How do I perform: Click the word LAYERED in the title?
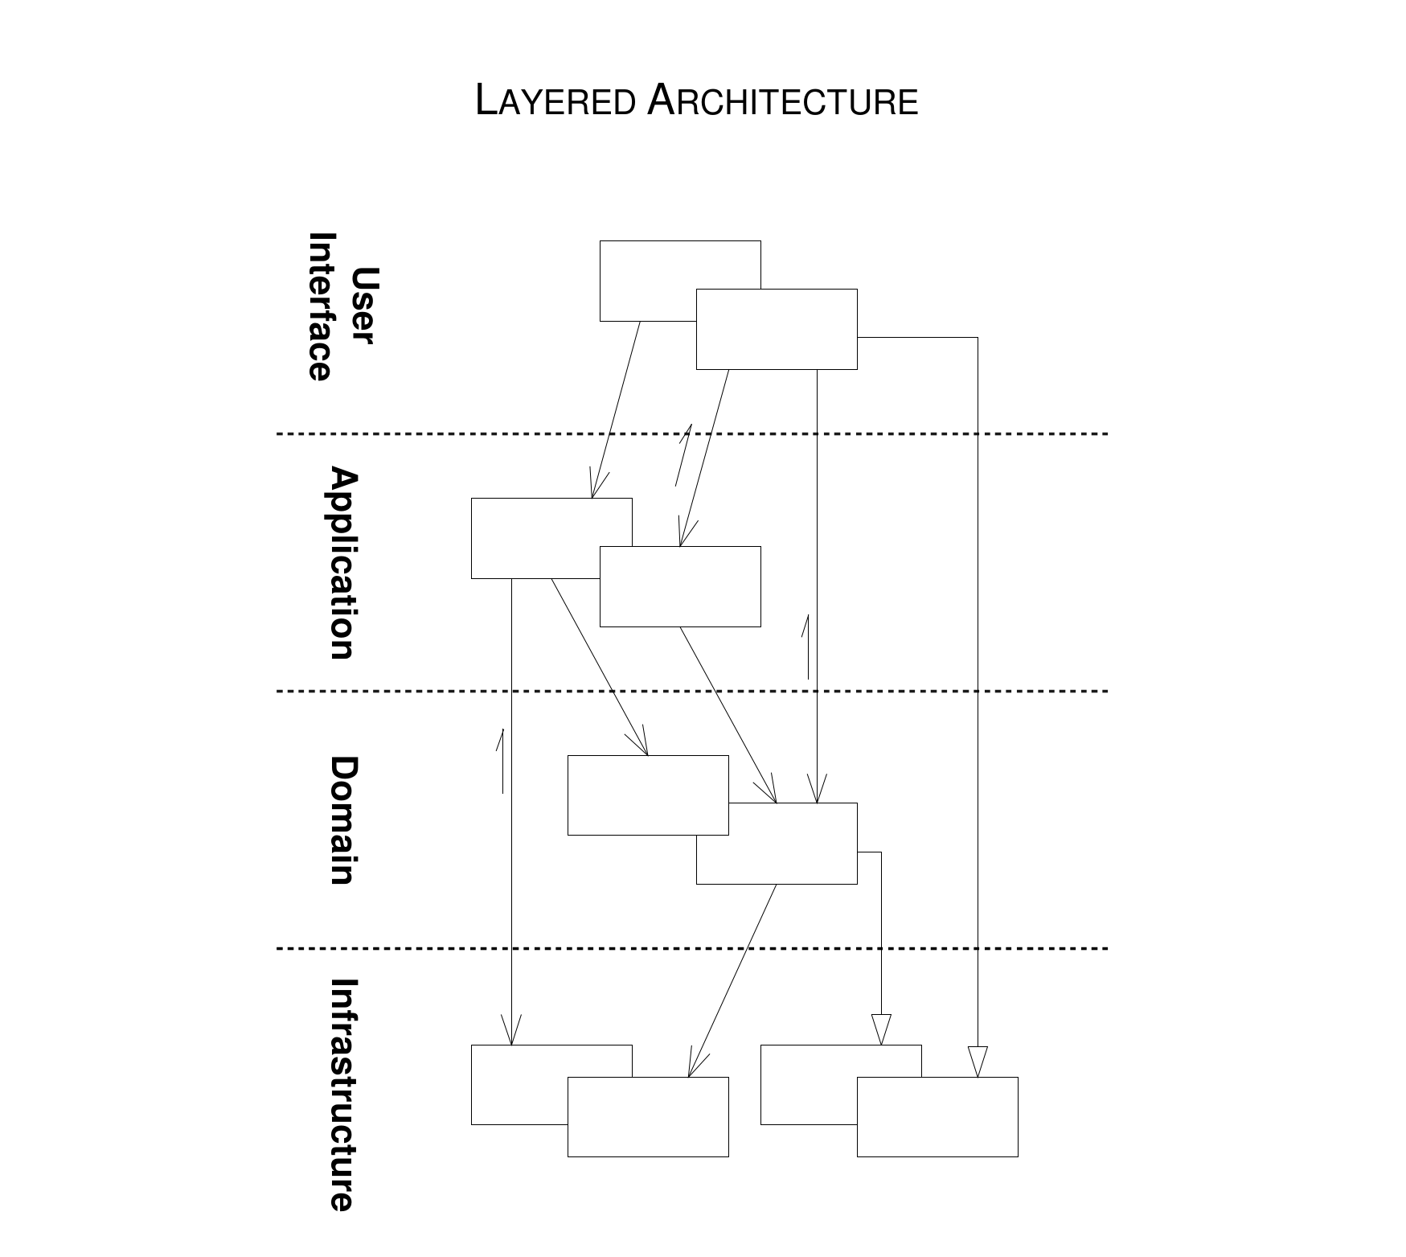click(555, 101)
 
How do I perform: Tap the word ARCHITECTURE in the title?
click(782, 101)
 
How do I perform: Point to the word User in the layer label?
click(363, 306)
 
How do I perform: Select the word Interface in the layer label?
click(320, 306)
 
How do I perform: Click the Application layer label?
click(342, 563)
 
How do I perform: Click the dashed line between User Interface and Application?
click(692, 433)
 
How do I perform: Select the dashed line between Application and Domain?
click(692, 691)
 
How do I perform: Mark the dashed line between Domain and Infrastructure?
click(692, 948)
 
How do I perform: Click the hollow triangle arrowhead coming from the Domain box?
click(881, 1029)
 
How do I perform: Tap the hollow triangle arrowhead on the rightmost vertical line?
click(978, 1062)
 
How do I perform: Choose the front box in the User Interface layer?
click(777, 329)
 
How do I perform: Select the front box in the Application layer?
click(680, 586)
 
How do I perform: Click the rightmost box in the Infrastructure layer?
click(937, 1117)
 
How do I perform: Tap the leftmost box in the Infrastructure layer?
click(519, 1085)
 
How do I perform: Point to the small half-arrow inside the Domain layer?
click(501, 761)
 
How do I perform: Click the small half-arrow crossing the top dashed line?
click(683, 455)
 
